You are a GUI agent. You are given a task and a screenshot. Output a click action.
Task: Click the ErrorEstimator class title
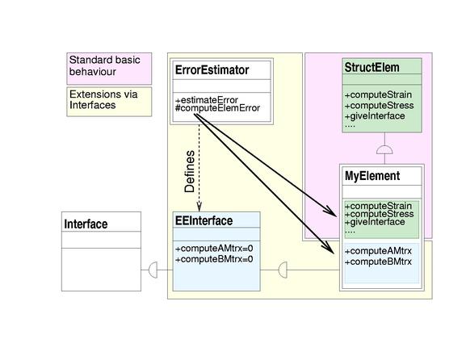(x=212, y=70)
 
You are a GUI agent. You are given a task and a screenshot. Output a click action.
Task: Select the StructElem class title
(x=372, y=68)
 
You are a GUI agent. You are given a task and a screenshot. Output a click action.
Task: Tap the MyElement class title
(x=372, y=176)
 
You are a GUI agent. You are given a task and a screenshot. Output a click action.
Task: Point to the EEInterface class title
(x=204, y=220)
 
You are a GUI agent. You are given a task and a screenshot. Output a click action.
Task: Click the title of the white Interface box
(x=86, y=224)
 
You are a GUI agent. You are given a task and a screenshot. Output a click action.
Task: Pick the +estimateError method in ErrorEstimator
(x=207, y=100)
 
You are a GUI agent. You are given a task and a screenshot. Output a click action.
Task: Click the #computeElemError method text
(x=217, y=108)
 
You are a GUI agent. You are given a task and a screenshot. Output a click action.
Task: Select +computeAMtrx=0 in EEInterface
(x=214, y=249)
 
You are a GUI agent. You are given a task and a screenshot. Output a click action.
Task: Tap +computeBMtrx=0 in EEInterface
(x=214, y=259)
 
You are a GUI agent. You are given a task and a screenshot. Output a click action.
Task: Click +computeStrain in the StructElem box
(x=378, y=94)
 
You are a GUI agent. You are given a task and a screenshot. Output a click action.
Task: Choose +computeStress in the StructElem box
(x=379, y=106)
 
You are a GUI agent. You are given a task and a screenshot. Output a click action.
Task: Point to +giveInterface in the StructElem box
(x=375, y=116)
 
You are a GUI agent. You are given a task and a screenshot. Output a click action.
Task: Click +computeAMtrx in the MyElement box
(x=378, y=251)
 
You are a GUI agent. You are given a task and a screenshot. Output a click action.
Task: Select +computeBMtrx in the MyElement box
(x=378, y=262)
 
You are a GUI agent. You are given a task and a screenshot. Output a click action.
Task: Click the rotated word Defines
(x=190, y=171)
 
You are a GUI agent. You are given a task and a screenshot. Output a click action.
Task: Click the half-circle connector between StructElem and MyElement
(x=384, y=149)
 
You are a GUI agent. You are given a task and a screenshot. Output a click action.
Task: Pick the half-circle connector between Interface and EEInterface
(x=153, y=270)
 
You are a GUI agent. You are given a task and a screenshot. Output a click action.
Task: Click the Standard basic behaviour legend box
(x=109, y=69)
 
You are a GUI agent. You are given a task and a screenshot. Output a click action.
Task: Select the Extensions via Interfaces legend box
(x=109, y=102)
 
